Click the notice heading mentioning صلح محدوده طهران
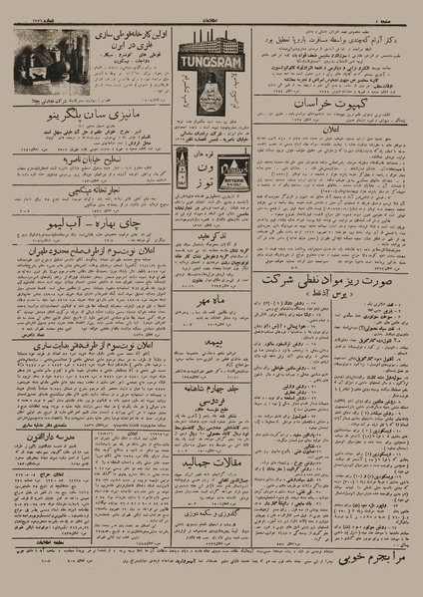coord(85,265)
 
